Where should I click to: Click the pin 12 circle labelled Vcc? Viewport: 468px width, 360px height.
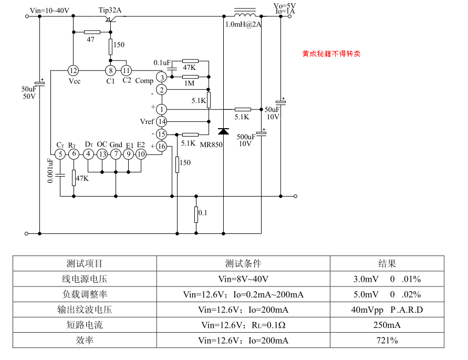pyautogui.click(x=74, y=70)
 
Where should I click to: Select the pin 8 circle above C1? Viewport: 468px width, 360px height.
pyautogui.click(x=110, y=70)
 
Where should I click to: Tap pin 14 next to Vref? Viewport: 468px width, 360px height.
pyautogui.click(x=162, y=121)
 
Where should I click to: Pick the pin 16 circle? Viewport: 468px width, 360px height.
pyautogui.click(x=162, y=146)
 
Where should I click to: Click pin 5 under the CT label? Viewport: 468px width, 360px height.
pyautogui.click(x=60, y=154)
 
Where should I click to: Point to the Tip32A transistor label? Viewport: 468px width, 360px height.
pyautogui.click(x=111, y=11)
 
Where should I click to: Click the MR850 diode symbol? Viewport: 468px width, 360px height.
pyautogui.click(x=224, y=131)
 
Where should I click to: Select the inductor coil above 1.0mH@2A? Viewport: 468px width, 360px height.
pyautogui.click(x=244, y=15)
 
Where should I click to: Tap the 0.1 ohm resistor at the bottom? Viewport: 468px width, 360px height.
pyautogui.click(x=196, y=214)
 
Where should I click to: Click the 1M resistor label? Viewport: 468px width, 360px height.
pyautogui.click(x=189, y=84)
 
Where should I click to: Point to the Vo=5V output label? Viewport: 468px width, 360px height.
pyautogui.click(x=285, y=5)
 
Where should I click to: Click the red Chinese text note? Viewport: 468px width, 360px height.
pyautogui.click(x=331, y=54)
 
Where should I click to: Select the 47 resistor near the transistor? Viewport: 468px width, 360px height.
pyautogui.click(x=92, y=32)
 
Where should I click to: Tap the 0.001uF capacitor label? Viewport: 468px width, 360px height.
pyautogui.click(x=50, y=170)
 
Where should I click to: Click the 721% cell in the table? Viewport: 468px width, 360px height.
pyautogui.click(x=387, y=341)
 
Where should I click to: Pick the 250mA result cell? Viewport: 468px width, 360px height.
pyautogui.click(x=387, y=325)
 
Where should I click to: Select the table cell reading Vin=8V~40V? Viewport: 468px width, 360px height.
pyautogui.click(x=243, y=279)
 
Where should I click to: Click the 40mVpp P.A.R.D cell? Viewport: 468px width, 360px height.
pyautogui.click(x=387, y=310)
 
